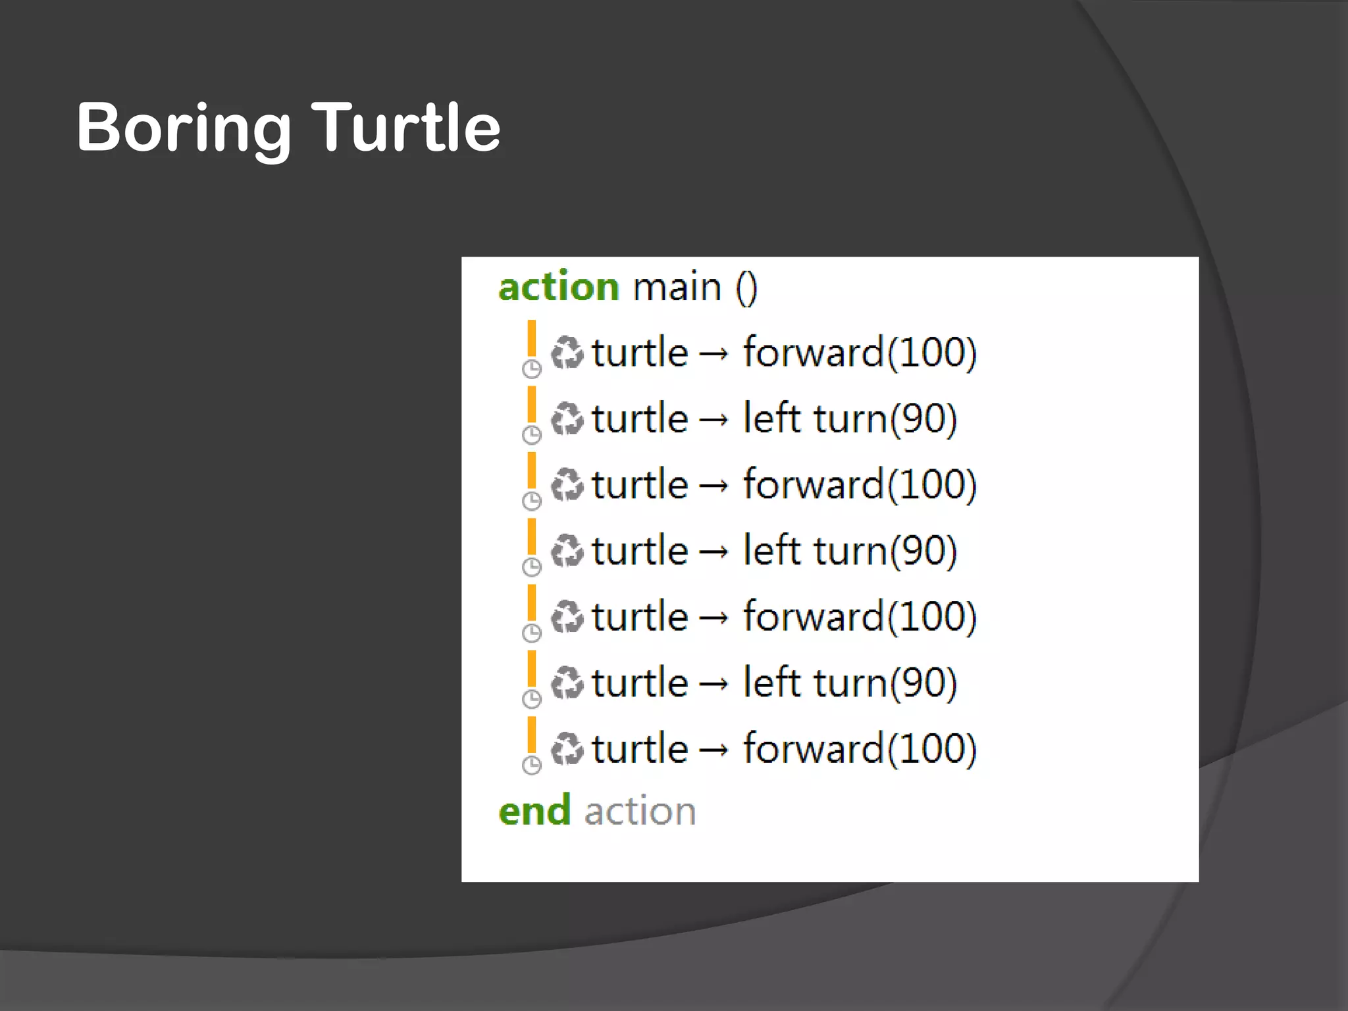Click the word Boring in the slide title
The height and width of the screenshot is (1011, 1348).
tap(184, 128)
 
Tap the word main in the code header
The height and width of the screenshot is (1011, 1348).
tap(677, 288)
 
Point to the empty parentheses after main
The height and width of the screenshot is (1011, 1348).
tap(746, 288)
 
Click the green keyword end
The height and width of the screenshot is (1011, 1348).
tap(534, 810)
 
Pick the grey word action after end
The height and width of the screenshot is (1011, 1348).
tap(640, 811)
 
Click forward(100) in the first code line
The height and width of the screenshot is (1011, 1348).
tap(860, 352)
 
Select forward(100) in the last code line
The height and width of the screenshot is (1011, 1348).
tap(860, 749)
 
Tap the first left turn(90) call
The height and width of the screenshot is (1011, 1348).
tap(850, 419)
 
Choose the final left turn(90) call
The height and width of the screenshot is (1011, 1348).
tap(850, 683)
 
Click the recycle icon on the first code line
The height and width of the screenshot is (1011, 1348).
tap(567, 352)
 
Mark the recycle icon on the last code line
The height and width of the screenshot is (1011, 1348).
tap(567, 749)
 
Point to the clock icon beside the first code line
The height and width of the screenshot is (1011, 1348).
tap(532, 369)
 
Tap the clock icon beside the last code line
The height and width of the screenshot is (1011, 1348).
tap(532, 765)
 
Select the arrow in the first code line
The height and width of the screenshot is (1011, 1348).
tap(715, 354)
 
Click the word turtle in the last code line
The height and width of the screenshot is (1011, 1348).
tap(640, 749)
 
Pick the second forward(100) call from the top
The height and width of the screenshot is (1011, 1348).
tap(860, 484)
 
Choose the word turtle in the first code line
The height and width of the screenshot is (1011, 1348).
tap(640, 352)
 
